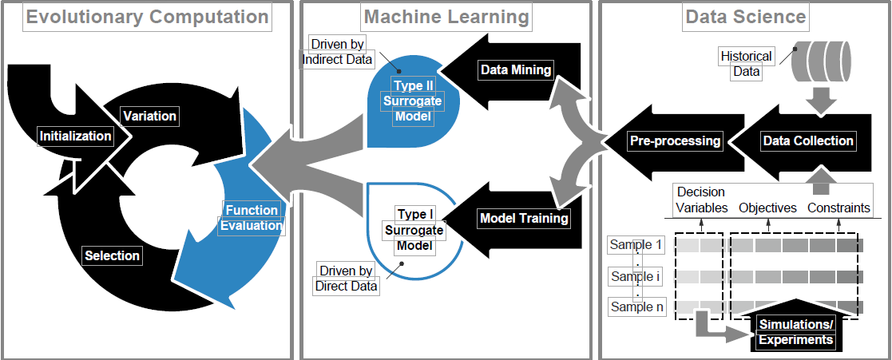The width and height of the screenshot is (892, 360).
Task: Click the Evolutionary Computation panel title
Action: click(x=147, y=17)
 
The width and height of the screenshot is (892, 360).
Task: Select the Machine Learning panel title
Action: click(x=446, y=17)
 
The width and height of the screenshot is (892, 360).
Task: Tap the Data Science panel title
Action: click(x=746, y=17)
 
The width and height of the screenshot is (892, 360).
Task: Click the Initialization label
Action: click(x=76, y=136)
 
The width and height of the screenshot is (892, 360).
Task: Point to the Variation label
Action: click(x=149, y=116)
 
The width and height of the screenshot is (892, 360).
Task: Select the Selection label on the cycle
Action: click(x=112, y=255)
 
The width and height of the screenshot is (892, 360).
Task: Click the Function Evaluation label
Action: click(x=252, y=218)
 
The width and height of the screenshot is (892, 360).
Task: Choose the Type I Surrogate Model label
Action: click(x=414, y=230)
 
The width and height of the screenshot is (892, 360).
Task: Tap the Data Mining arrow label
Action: click(x=516, y=69)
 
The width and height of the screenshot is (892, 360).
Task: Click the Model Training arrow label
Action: click(x=524, y=218)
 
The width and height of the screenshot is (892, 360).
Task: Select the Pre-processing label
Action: click(x=675, y=141)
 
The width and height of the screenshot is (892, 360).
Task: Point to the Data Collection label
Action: click(x=807, y=141)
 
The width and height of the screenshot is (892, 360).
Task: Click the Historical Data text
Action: click(x=746, y=64)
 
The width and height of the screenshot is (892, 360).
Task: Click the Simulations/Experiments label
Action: click(x=795, y=332)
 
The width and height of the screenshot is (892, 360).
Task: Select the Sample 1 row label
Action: click(x=636, y=244)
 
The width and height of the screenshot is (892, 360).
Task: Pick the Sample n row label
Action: click(x=636, y=307)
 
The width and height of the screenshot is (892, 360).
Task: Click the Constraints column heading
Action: click(x=838, y=208)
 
